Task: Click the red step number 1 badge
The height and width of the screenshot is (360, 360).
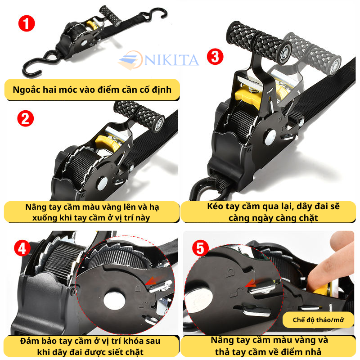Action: (x=27, y=23)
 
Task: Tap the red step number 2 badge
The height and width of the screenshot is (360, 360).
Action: (x=26, y=118)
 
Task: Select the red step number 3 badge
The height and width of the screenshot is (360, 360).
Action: (x=215, y=57)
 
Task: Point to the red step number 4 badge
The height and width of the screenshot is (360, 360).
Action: (x=22, y=248)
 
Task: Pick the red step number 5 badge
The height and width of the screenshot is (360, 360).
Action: (x=200, y=248)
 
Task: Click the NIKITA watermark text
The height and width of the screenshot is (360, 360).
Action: (x=171, y=60)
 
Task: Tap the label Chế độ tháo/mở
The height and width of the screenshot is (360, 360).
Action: (x=318, y=320)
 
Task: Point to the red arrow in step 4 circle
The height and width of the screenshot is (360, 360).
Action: (x=151, y=281)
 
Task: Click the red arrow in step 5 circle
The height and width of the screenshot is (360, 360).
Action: (x=251, y=283)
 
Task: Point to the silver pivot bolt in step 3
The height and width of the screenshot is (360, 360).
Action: (x=270, y=137)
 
